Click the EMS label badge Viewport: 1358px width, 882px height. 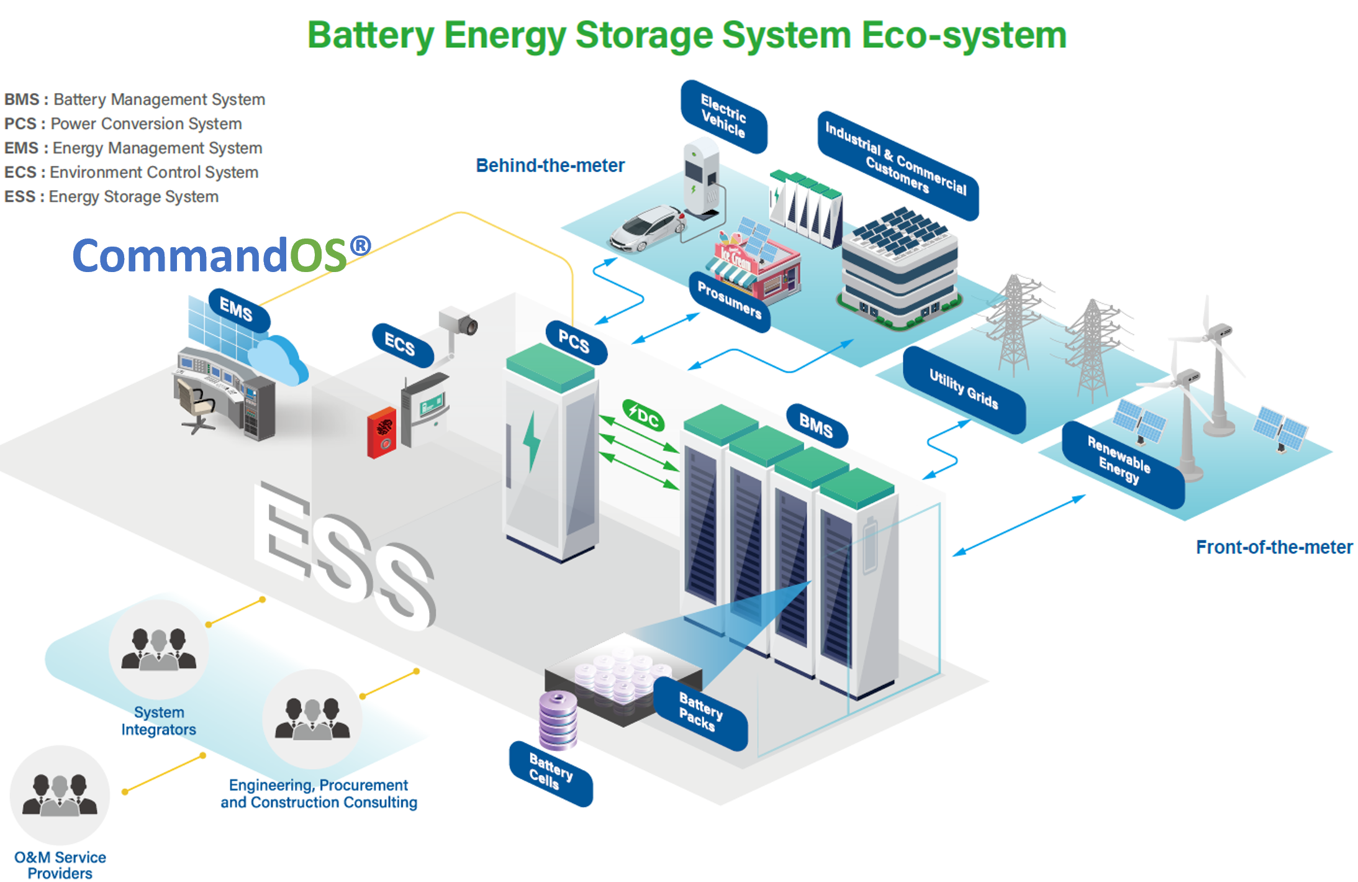coord(238,309)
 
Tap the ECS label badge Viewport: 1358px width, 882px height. coord(401,344)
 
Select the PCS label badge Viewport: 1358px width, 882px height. coord(575,342)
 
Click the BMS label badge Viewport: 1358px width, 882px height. coord(816,426)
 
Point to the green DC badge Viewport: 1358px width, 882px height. coord(643,416)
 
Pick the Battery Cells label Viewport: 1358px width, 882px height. coord(550,773)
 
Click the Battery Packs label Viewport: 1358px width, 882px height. coord(700,712)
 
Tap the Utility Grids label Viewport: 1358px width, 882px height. coord(963,389)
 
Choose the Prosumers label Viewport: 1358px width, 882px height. coord(730,300)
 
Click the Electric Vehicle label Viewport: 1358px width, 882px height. coord(723,116)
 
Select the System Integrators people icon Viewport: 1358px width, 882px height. coord(158,649)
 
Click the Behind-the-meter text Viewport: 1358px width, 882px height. coord(550,166)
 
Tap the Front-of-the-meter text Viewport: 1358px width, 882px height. coord(1274,547)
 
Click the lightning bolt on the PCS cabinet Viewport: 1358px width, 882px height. coord(532,442)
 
